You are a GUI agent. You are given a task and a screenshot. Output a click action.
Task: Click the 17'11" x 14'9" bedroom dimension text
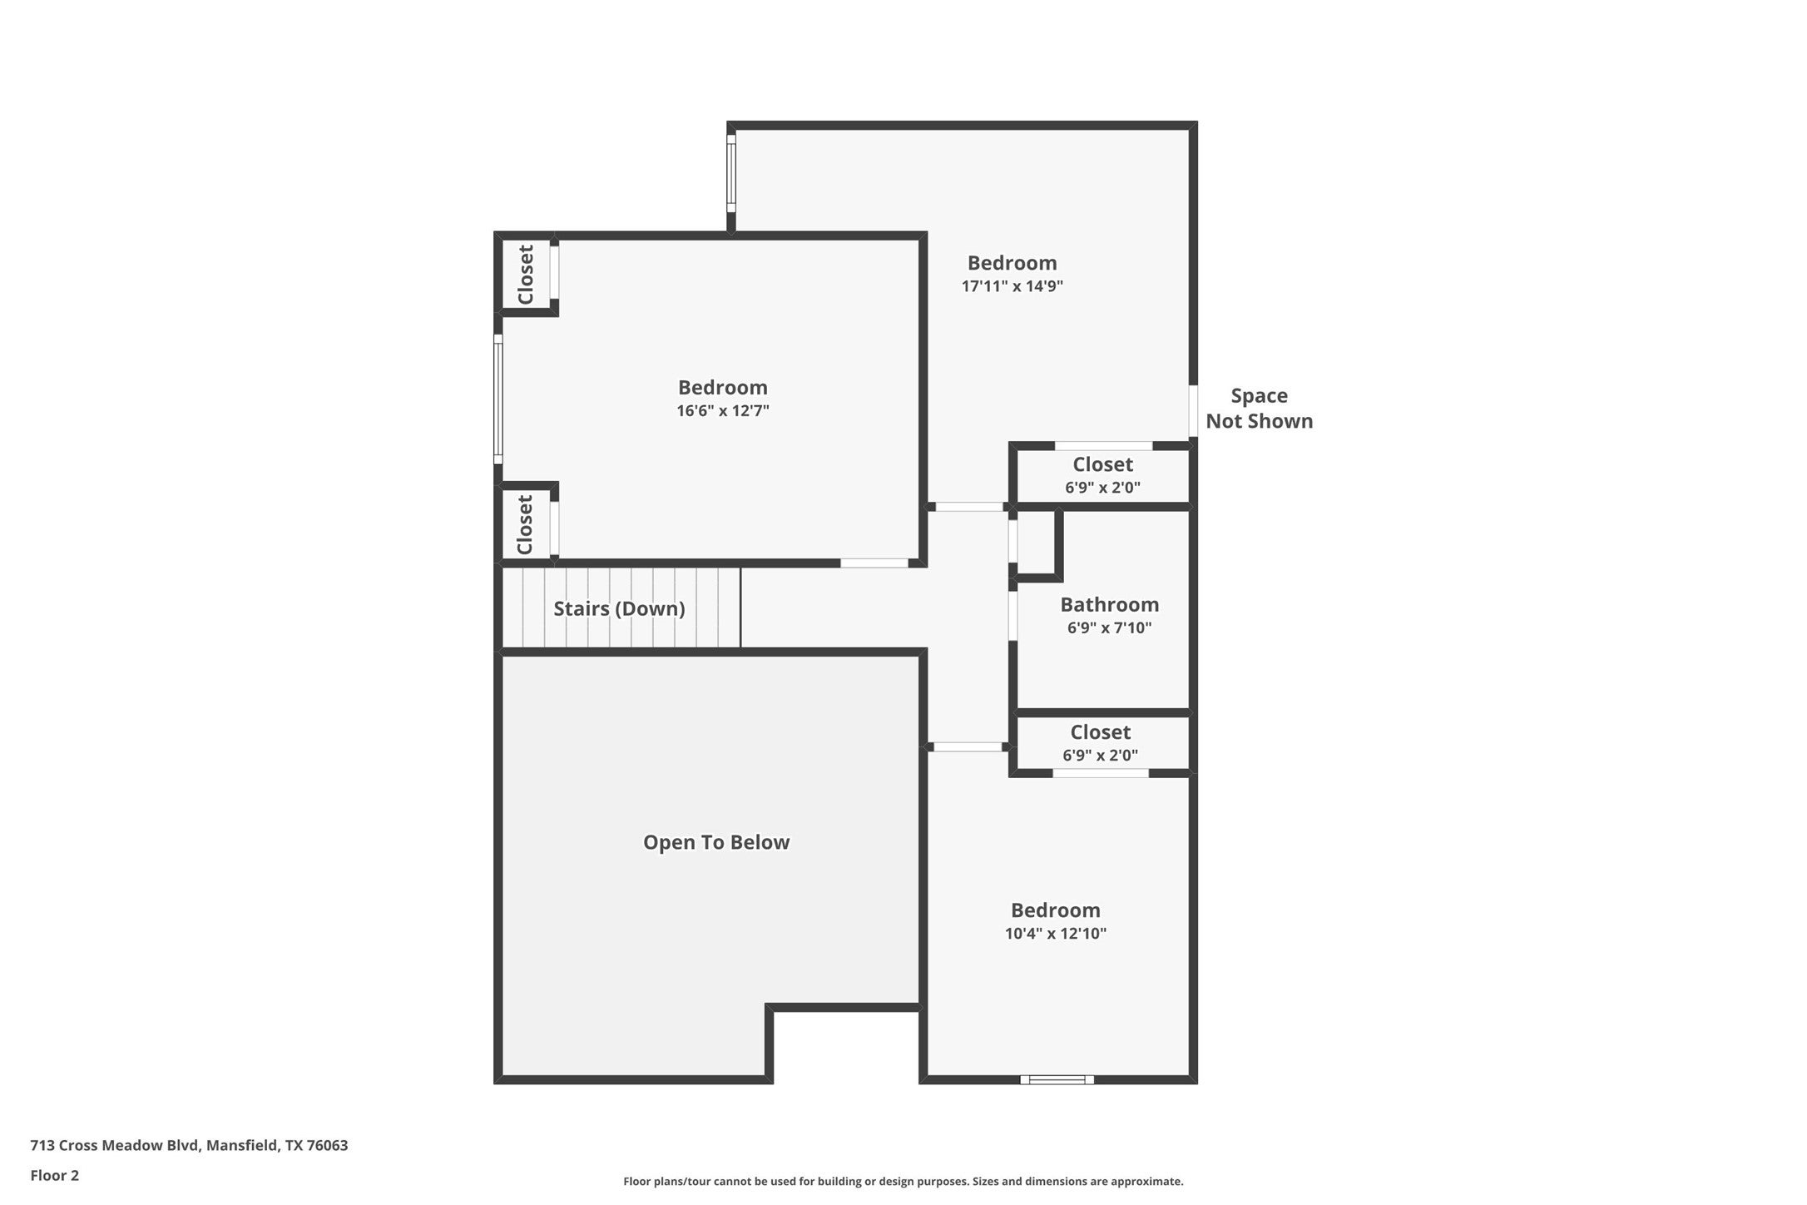pos(1012,286)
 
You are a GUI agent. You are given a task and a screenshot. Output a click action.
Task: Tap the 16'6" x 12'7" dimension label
pos(722,411)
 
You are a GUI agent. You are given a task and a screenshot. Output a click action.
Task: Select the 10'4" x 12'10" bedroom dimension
pos(1055,934)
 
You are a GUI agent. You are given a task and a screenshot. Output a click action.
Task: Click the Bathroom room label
pos(1109,605)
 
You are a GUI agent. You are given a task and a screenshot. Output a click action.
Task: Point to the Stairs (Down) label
pos(619,609)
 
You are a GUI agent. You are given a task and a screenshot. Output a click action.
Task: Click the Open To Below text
pos(715,842)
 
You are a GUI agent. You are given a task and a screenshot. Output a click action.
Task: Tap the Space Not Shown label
pos(1259,409)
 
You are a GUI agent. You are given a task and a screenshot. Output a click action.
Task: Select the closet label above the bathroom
pos(1102,464)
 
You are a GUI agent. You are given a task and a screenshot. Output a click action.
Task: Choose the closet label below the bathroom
pos(1100,732)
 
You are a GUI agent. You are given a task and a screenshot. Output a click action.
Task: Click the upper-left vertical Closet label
pos(525,275)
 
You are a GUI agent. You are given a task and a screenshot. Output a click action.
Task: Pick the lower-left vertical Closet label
pos(525,524)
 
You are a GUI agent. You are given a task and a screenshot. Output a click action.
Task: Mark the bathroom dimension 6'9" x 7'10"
pos(1109,628)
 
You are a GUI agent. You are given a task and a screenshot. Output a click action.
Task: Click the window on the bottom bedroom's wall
pos(1057,1079)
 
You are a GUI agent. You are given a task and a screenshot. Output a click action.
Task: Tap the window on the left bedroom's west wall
pos(498,399)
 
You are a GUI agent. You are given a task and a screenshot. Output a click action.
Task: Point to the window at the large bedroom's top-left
pos(731,173)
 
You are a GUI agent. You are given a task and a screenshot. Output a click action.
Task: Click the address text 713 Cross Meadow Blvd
pos(189,1145)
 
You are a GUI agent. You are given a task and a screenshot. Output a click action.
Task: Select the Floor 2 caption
pos(54,1176)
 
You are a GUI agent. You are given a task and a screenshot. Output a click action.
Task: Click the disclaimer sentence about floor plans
pos(903,1181)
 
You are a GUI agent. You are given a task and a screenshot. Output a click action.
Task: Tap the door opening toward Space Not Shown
pos(1193,411)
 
